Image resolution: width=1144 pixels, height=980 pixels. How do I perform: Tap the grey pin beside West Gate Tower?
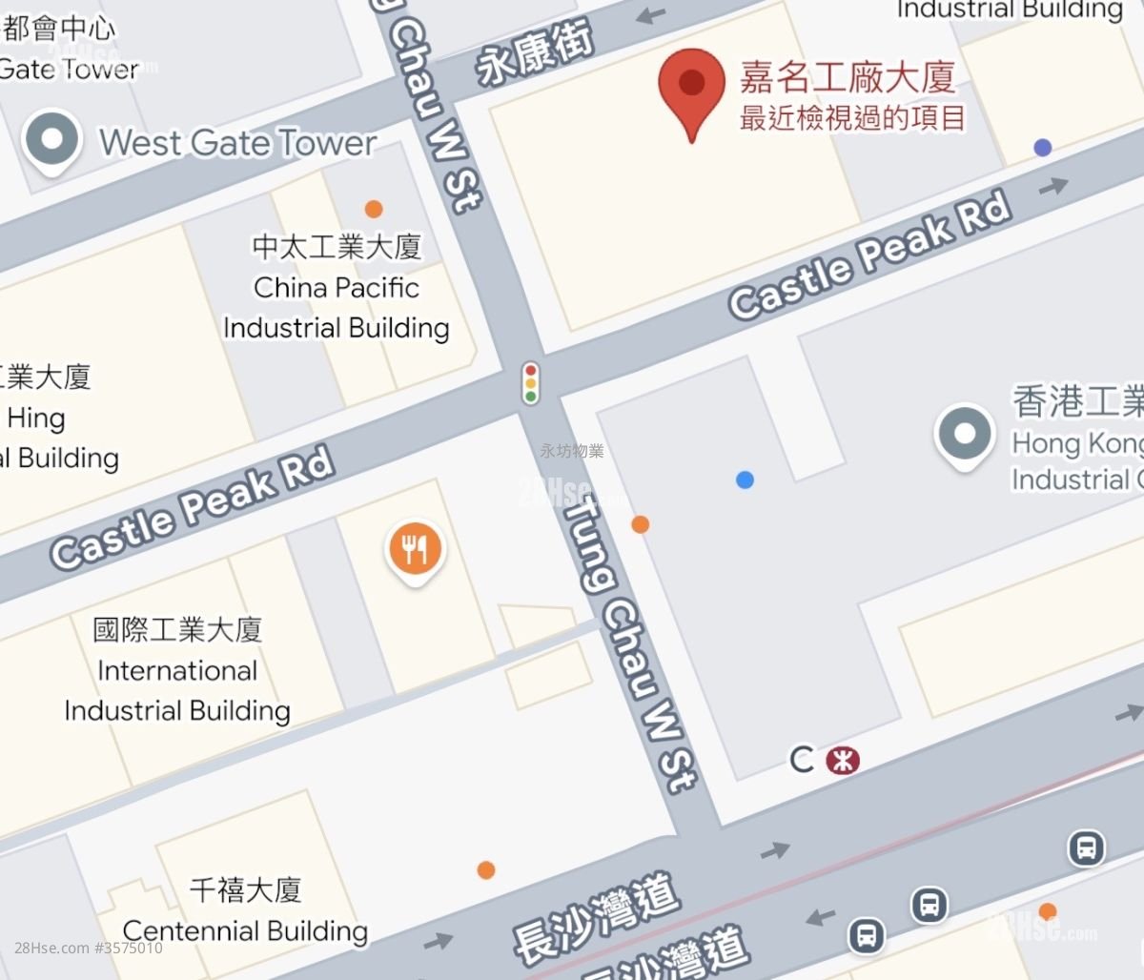52,141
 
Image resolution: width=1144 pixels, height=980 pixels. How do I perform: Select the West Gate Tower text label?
238,143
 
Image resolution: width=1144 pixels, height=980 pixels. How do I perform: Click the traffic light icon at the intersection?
530,381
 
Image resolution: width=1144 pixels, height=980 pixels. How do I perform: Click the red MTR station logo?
843,760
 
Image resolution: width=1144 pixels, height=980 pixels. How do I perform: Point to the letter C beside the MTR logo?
803,760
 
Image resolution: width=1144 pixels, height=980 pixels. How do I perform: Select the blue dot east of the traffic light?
745,480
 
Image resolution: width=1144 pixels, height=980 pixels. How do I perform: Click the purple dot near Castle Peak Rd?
1042,148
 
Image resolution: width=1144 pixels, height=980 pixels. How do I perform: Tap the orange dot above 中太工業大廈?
374,209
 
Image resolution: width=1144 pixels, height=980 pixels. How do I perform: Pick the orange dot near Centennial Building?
486,869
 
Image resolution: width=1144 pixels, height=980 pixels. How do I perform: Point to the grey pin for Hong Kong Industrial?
965,435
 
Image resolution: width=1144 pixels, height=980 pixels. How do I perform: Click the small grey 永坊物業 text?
572,451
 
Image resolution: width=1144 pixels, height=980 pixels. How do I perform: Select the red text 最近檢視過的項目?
853,118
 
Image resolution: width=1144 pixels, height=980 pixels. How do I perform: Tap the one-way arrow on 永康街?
652,14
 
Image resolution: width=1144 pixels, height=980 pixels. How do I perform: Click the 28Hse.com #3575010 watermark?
89,948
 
